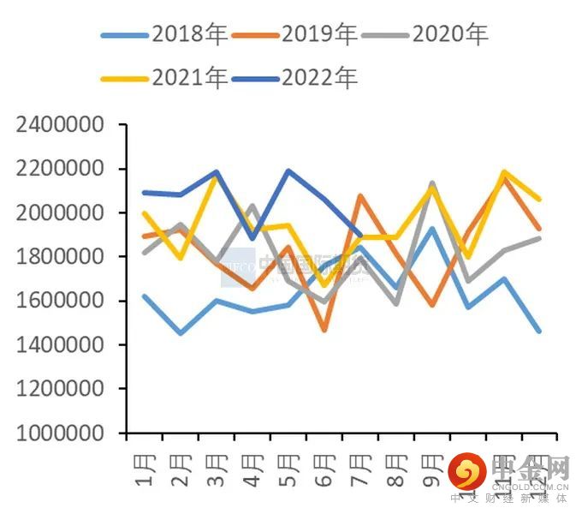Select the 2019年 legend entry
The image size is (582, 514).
point(294,35)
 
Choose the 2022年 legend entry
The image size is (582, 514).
point(294,78)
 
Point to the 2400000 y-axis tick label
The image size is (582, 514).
point(60,125)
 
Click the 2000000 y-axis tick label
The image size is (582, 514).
point(60,213)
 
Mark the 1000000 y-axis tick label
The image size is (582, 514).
point(60,433)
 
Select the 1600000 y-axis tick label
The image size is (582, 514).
point(60,302)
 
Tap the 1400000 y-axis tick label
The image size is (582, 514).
point(60,345)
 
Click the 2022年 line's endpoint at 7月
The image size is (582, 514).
point(360,235)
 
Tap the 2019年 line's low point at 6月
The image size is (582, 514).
point(324,330)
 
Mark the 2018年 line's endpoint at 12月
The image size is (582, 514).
point(539,331)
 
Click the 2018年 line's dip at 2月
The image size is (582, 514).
point(181,333)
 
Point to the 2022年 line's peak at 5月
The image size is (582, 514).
point(288,170)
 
